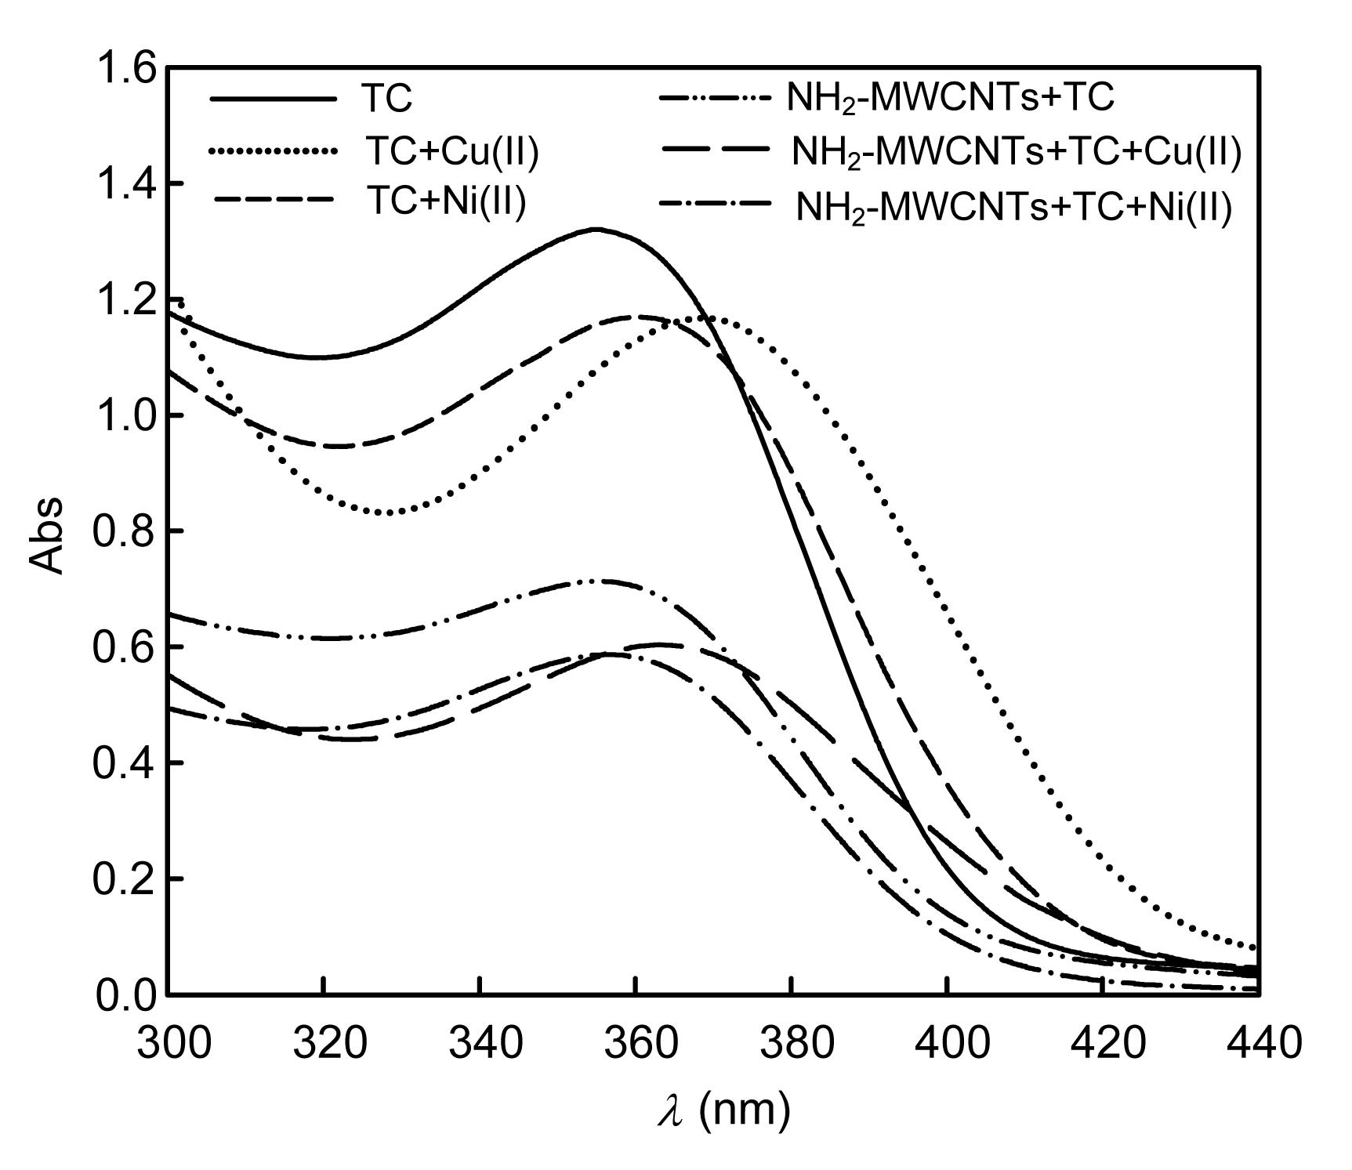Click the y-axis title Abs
click(47, 534)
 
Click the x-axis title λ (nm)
click(723, 1111)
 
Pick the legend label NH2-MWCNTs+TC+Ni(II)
click(1013, 208)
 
